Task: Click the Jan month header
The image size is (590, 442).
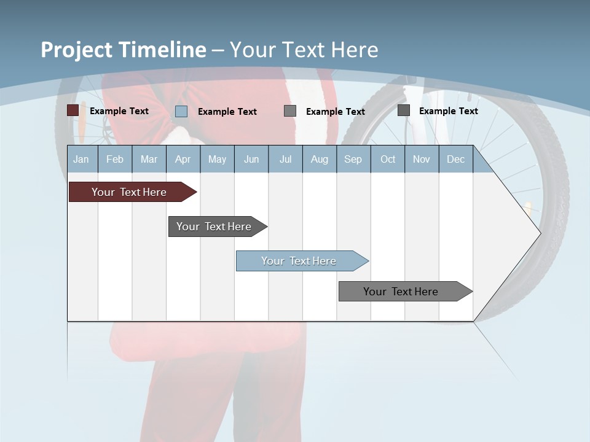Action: point(81,159)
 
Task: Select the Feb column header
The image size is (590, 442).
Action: point(115,159)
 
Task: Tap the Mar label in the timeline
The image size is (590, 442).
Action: point(149,159)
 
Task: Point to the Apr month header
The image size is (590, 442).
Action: point(183,159)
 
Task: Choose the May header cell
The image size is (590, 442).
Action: point(217,159)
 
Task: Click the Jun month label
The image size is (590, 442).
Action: point(251,159)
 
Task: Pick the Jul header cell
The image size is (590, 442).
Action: point(285,159)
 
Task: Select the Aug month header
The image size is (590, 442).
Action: point(319,159)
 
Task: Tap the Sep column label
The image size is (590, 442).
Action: point(353,159)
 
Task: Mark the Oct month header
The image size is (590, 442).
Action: point(388,159)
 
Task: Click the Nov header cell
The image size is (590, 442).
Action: point(422,159)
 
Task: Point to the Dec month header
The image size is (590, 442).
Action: point(455,159)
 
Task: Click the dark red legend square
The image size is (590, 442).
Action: point(73,110)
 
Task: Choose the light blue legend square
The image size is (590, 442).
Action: point(181,111)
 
